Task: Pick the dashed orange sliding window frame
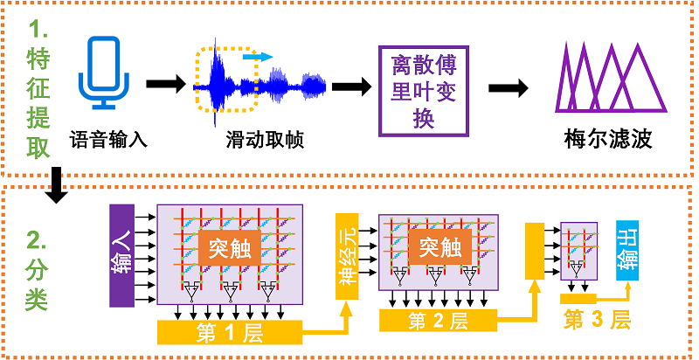(226, 81)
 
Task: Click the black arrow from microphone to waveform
(165, 84)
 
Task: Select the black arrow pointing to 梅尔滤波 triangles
(509, 87)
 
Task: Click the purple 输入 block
(121, 256)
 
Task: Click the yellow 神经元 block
(347, 255)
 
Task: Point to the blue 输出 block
(627, 252)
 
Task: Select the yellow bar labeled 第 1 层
(229, 333)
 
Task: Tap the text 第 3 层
(598, 319)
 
